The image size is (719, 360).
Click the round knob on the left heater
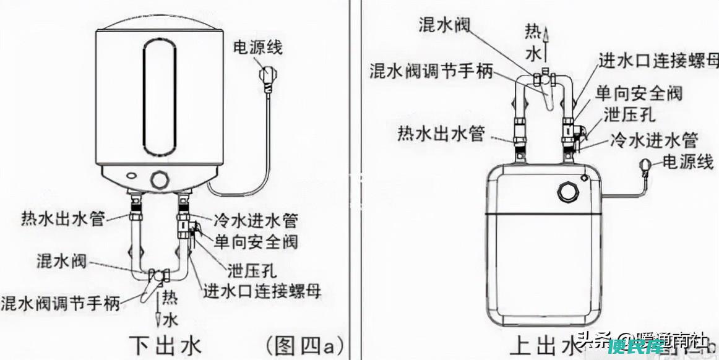pos(160,180)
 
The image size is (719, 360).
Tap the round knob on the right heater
pos(567,192)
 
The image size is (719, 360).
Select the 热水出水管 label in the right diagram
pos(441,133)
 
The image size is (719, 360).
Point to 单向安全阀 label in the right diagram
pos(639,93)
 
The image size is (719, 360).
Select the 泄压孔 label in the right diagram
pos(630,114)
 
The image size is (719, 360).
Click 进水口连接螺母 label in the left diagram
pos(263,291)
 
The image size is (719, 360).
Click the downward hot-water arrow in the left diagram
pos(159,309)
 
